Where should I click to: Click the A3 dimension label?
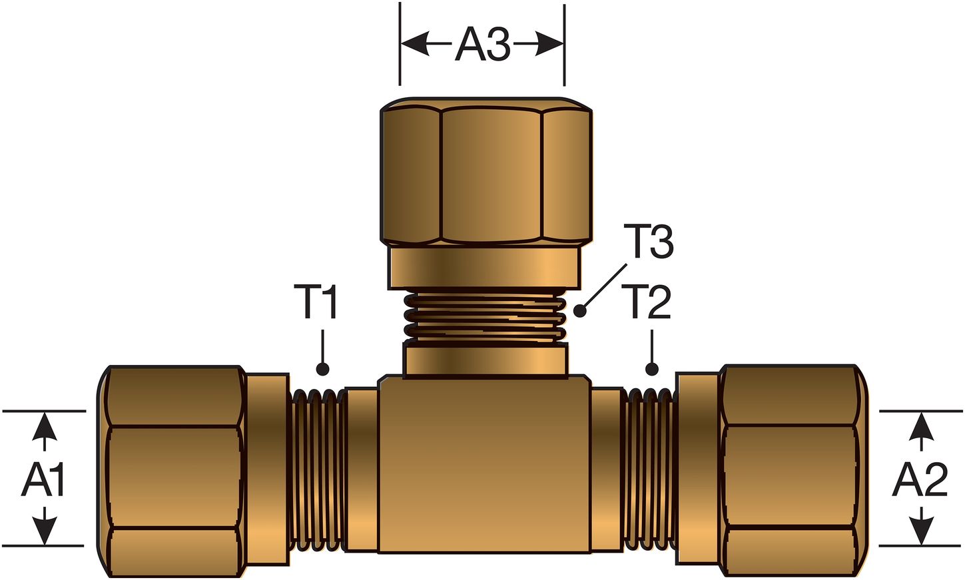click(482, 45)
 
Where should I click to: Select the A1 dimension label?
click(44, 479)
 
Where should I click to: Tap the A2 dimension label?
click(920, 479)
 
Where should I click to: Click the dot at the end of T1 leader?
click(323, 369)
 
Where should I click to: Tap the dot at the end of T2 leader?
click(651, 369)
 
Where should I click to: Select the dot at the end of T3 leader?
click(580, 310)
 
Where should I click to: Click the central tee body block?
click(485, 466)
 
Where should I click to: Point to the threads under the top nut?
click(485, 317)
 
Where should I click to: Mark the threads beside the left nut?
click(316, 470)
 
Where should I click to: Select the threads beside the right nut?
click(650, 470)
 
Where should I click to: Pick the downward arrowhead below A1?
click(45, 532)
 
